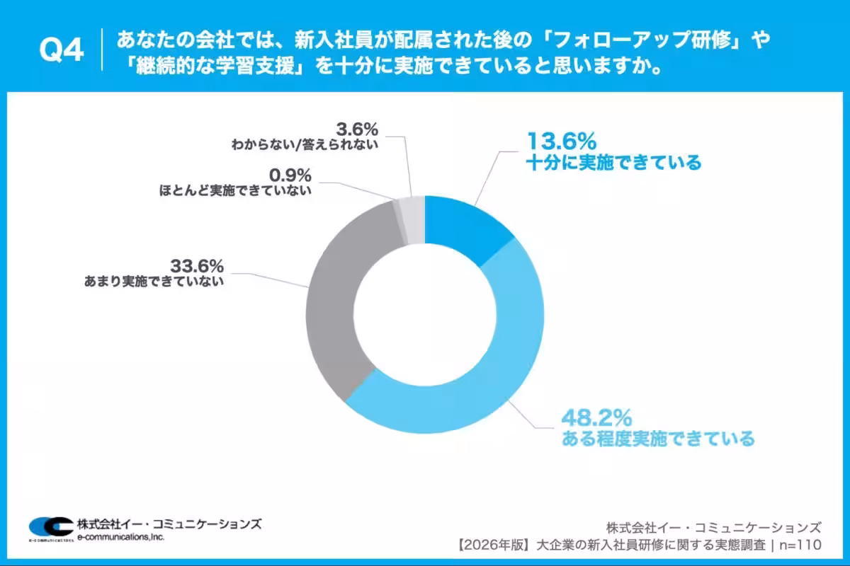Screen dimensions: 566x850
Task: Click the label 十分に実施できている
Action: pos(613,163)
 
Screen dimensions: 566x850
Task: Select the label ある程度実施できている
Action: pos(658,439)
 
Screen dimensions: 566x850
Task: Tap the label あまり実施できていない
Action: pos(154,282)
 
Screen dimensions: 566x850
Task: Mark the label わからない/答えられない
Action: pos(305,145)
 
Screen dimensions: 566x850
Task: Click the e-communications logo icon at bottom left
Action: pos(50,527)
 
